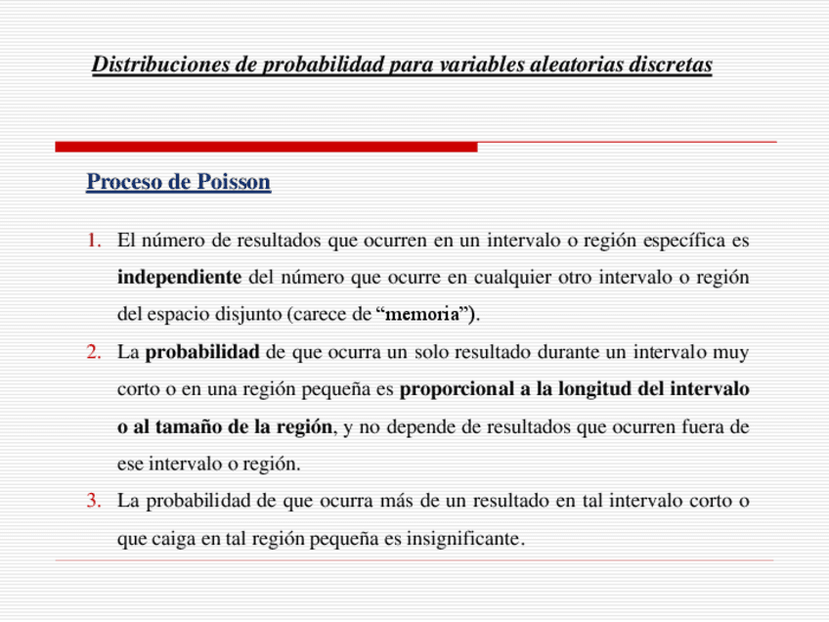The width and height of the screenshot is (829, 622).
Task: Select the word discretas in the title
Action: tap(671, 66)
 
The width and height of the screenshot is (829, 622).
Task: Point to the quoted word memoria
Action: tap(425, 315)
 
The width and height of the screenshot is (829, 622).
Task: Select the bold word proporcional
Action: tap(456, 389)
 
